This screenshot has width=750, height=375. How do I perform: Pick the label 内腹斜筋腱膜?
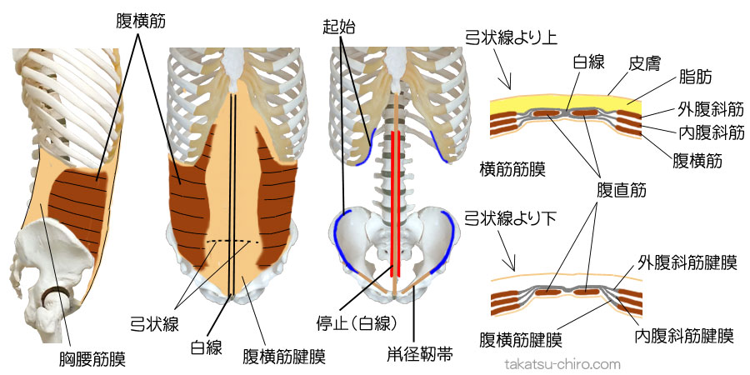tap(682, 337)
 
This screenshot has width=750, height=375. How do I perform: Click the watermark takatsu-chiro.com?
tap(564, 364)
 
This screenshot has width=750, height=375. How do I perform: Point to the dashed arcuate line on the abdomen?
tap(232, 242)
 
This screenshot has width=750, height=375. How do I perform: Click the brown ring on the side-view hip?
tap(58, 293)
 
